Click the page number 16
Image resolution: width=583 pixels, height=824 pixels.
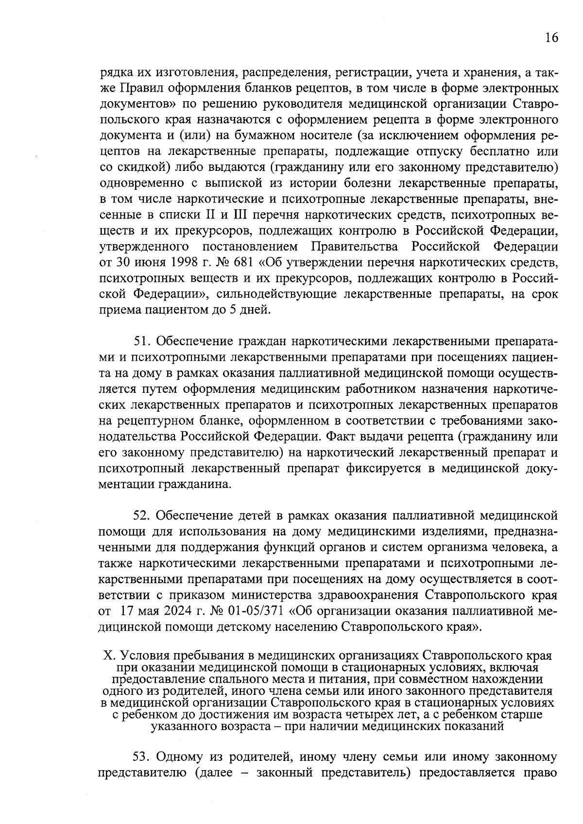[x=551, y=38]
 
